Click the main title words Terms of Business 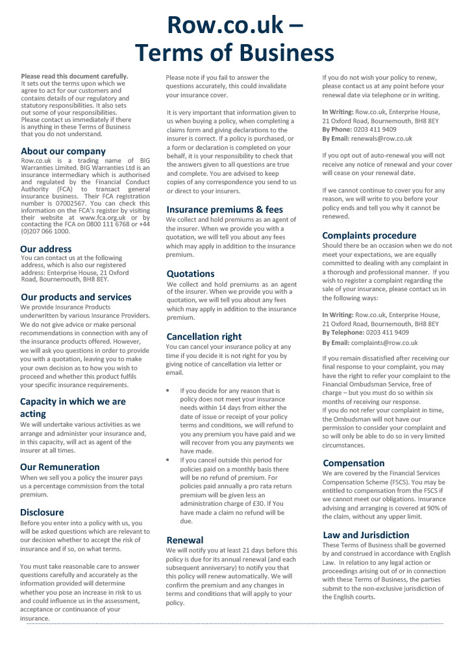click(234, 52)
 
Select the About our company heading click(63, 151)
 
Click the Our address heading click(46, 248)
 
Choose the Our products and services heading click(75, 297)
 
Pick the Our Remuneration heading click(60, 466)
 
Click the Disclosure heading click(42, 512)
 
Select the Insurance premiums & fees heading click(225, 209)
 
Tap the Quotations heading click(190, 274)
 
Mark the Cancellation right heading click(204, 337)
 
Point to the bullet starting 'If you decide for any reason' click(169, 391)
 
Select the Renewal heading click(185, 539)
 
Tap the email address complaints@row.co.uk click(386, 342)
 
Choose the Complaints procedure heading click(369, 235)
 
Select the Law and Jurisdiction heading click(365, 534)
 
